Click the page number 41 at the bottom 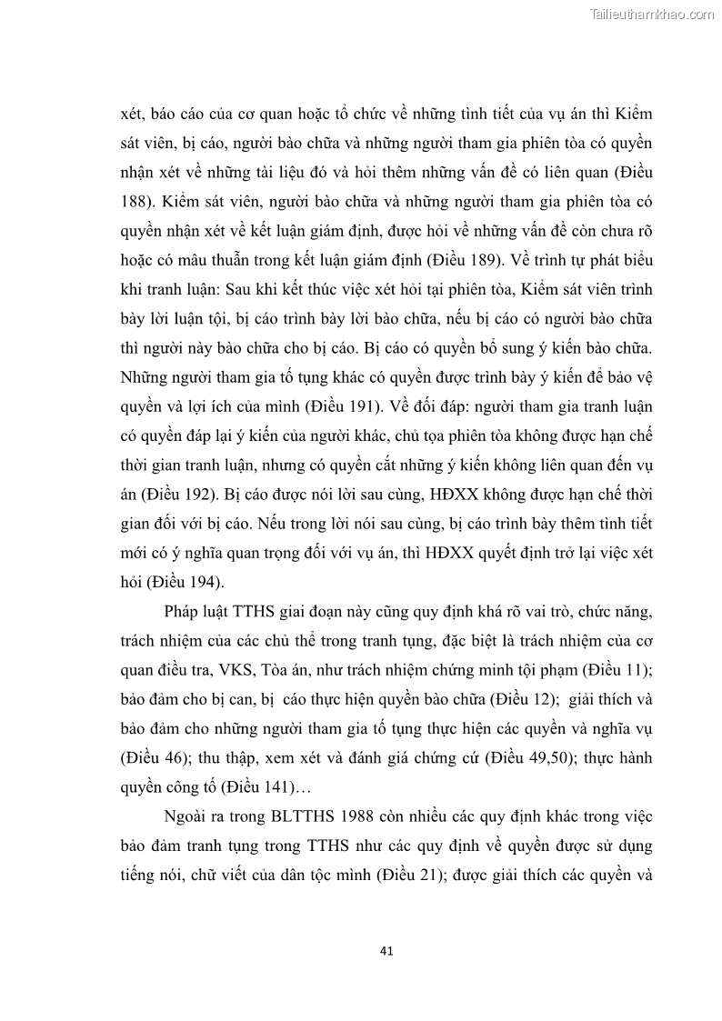pos(386,951)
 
